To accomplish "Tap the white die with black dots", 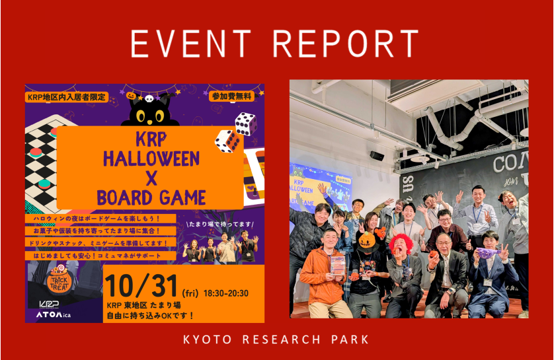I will click(245, 124).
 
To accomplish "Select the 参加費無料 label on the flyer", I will click(232, 96).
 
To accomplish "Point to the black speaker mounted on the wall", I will click(377, 155).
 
